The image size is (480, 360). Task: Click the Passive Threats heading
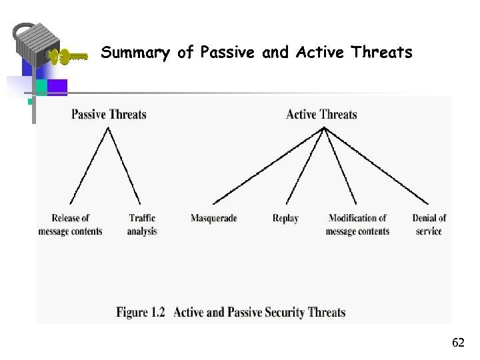(x=109, y=114)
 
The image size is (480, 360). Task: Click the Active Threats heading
(x=321, y=114)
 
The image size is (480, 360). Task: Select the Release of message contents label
(x=70, y=225)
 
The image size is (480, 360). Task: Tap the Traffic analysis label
(x=142, y=225)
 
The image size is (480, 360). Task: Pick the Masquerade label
(x=213, y=218)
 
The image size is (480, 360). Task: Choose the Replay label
(x=285, y=218)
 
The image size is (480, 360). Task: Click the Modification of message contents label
(x=357, y=225)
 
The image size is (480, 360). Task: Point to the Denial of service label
(x=429, y=225)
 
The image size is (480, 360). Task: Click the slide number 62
(x=458, y=343)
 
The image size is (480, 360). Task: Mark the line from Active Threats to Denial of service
(x=377, y=165)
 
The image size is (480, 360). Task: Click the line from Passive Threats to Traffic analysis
(x=124, y=165)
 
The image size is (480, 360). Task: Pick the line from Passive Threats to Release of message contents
(x=89, y=165)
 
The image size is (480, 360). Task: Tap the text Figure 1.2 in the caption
(x=140, y=312)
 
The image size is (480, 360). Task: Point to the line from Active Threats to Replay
(x=305, y=165)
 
